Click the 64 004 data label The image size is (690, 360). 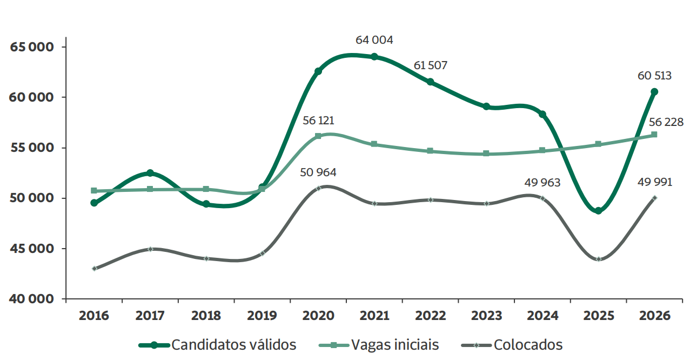pyautogui.click(x=374, y=40)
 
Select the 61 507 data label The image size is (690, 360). pyautogui.click(x=430, y=65)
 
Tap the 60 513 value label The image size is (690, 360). pyautogui.click(x=654, y=76)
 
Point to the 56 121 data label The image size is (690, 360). pyautogui.click(x=318, y=121)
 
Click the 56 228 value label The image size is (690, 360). pyautogui.click(x=666, y=122)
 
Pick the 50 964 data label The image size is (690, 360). pyautogui.click(x=318, y=172)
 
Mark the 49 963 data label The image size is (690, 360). pyautogui.click(x=542, y=183)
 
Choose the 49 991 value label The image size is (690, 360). pyautogui.click(x=655, y=182)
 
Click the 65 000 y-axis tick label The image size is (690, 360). pyautogui.click(x=32, y=47)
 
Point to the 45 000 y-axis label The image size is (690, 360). pyautogui.click(x=32, y=249)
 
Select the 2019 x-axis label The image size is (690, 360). pyautogui.click(x=262, y=316)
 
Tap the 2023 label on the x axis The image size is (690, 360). pyautogui.click(x=486, y=316)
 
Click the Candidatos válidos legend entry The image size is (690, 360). pyautogui.click(x=217, y=345)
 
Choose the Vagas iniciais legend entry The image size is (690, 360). pyautogui.click(x=379, y=345)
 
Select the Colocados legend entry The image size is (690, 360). pyautogui.click(x=512, y=345)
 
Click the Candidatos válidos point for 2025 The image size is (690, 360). pyautogui.click(x=598, y=211)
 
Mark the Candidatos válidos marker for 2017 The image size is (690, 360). pyautogui.click(x=150, y=173)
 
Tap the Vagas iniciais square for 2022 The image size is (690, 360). pyautogui.click(x=430, y=151)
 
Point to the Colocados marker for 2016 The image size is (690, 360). pyautogui.click(x=94, y=269)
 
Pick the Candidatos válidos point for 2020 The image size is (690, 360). pyautogui.click(x=318, y=71)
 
